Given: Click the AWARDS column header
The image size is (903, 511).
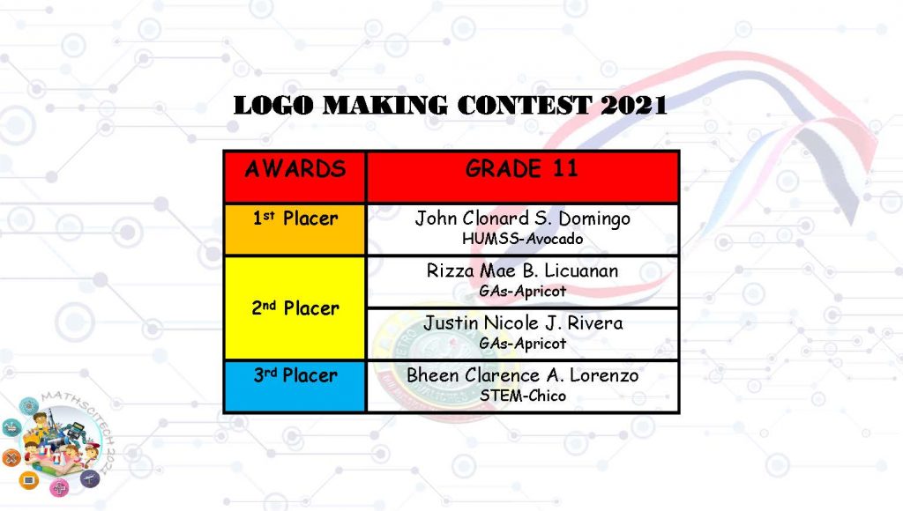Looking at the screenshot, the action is pos(295,168).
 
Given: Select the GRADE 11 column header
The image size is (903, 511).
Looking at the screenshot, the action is pos(522,168).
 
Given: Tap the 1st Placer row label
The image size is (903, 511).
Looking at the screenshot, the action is pos(295,218).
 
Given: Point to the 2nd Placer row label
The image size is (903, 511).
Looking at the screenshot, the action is pos(295,307).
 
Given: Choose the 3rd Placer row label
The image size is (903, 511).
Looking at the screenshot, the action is pos(295,375).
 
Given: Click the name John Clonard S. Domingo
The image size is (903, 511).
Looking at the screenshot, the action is pos(522,218).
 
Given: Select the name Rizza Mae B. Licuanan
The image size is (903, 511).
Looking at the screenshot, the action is pos(522,270).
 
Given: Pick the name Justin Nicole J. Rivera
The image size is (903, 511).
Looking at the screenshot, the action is pos(523,322).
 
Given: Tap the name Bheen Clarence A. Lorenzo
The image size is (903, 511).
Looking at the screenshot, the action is pos(522,375).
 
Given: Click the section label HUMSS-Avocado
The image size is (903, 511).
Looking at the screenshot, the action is pos(522,238).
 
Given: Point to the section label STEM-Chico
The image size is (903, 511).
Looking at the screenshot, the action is pos(522,396).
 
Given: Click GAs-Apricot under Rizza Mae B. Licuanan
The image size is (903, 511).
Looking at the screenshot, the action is pos(522,291).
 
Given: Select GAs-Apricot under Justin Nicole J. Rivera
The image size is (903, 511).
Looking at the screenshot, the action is pos(522,344).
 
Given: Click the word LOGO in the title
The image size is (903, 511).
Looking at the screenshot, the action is pos(273,106).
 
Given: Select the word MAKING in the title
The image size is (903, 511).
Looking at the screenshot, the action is pos(384,106).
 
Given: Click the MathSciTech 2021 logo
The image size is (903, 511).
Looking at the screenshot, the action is pos(57,443).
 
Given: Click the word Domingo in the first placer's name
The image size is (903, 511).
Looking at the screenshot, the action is pos(594,219).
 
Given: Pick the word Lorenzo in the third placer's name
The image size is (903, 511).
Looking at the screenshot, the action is pos(604,375).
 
